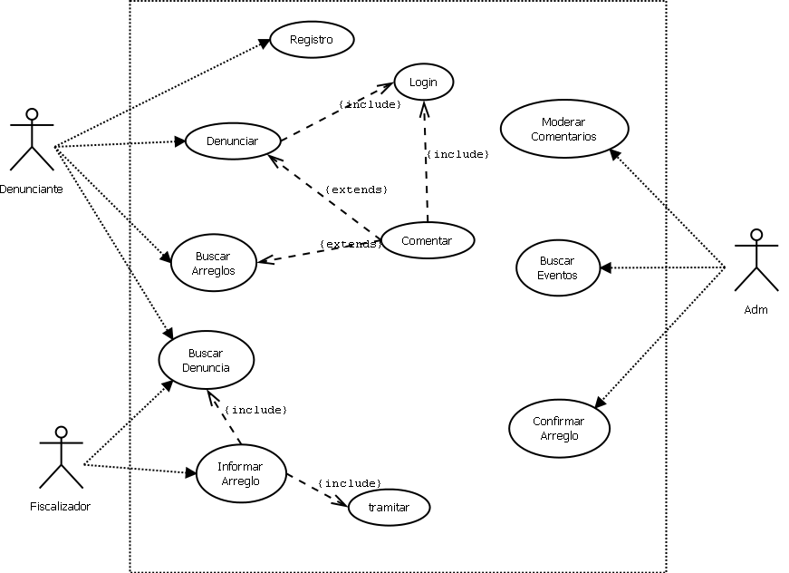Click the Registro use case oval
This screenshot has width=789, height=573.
[x=312, y=40]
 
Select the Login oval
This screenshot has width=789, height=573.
[x=423, y=83]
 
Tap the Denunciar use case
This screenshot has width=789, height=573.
[x=233, y=141]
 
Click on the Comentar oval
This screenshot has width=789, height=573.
[x=427, y=240]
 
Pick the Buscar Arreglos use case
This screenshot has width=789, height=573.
[x=215, y=263]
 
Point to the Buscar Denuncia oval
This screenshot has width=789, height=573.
[x=207, y=360]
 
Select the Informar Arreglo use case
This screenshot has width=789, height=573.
[x=241, y=473]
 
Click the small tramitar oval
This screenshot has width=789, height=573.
[x=389, y=508]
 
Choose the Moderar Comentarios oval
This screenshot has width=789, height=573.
[x=564, y=129]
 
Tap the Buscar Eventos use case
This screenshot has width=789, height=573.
[x=558, y=267]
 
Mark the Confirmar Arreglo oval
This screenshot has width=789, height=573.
[x=559, y=428]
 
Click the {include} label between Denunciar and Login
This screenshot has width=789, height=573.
[x=370, y=105]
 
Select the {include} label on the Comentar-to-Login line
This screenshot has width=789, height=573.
[x=457, y=155]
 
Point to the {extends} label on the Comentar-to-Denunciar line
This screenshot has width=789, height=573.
[x=356, y=190]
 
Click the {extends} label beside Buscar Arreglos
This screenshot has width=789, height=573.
[x=350, y=245]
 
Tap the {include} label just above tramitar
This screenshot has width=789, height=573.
[x=350, y=483]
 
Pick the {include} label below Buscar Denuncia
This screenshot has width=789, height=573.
[x=255, y=411]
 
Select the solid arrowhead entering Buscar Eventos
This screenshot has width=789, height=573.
[x=605, y=267]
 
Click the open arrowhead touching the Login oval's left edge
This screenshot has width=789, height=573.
[x=388, y=87]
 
